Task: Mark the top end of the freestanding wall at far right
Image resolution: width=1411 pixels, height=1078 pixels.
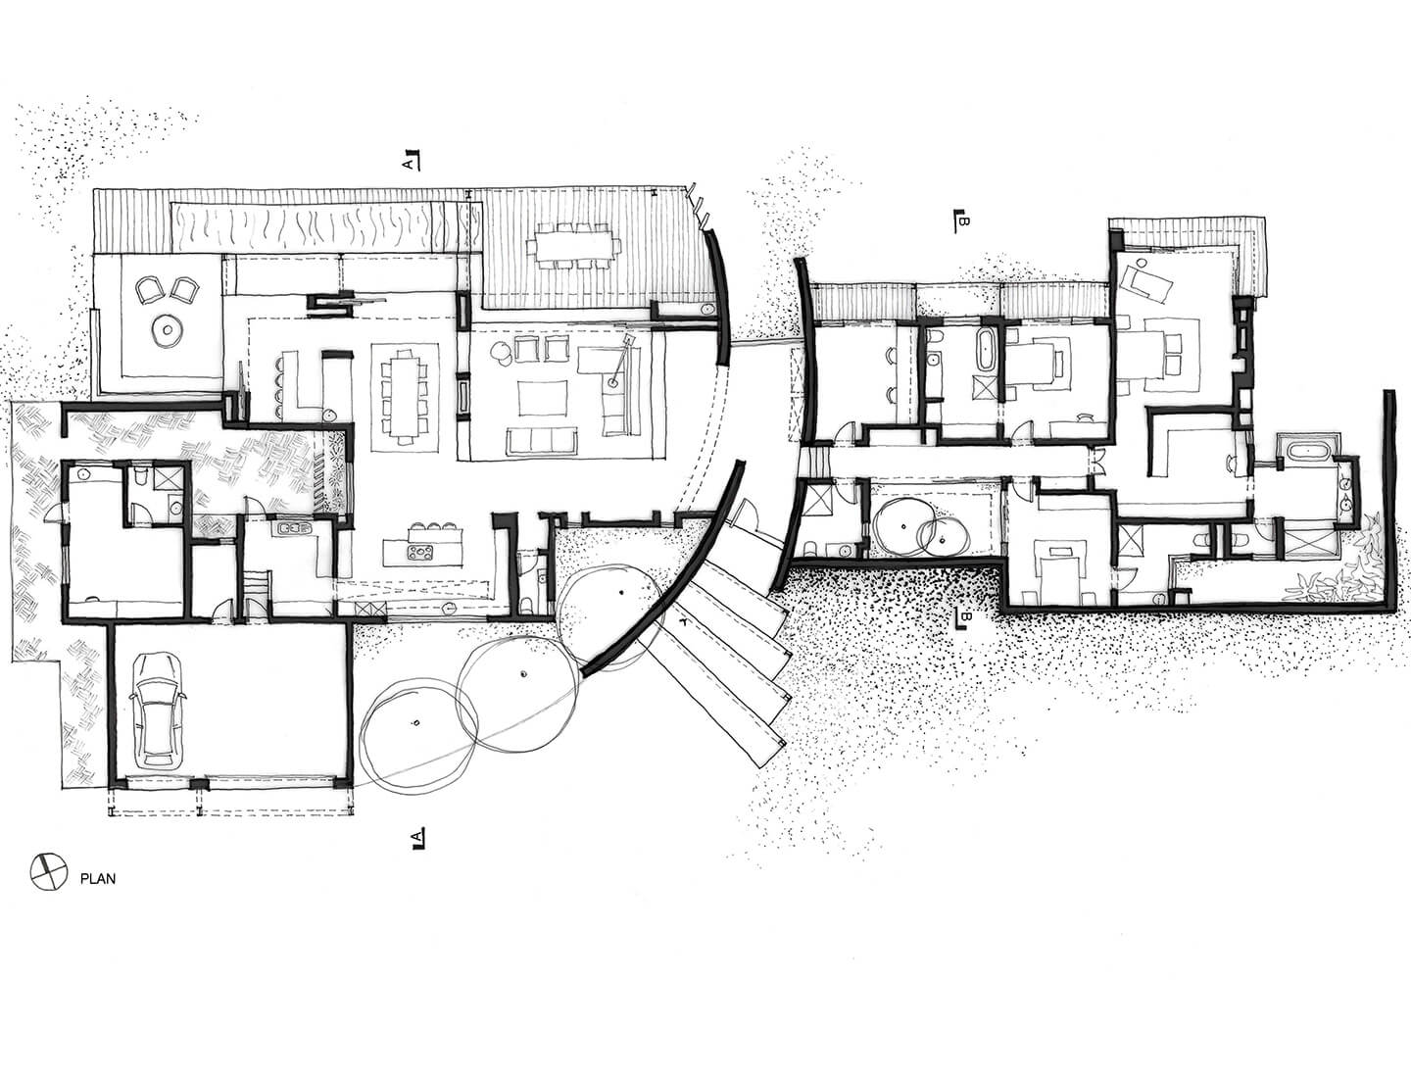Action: [x=1389, y=390]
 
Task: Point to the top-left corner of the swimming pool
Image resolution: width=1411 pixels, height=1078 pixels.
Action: [x=171, y=203]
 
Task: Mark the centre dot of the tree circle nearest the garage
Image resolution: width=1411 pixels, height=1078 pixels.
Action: [x=417, y=723]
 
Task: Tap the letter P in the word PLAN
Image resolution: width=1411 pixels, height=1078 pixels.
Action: [x=83, y=879]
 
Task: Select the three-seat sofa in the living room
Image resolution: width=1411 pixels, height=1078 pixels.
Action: [x=541, y=441]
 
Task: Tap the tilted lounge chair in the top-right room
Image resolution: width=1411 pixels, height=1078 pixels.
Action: [x=1146, y=280]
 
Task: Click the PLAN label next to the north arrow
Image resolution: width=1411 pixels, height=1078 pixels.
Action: [x=98, y=879]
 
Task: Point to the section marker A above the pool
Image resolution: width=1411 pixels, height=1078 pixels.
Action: [x=412, y=161]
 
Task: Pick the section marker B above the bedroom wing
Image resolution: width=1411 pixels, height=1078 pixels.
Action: [x=961, y=220]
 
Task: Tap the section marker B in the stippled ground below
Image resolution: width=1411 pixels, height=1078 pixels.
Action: [x=963, y=617]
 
